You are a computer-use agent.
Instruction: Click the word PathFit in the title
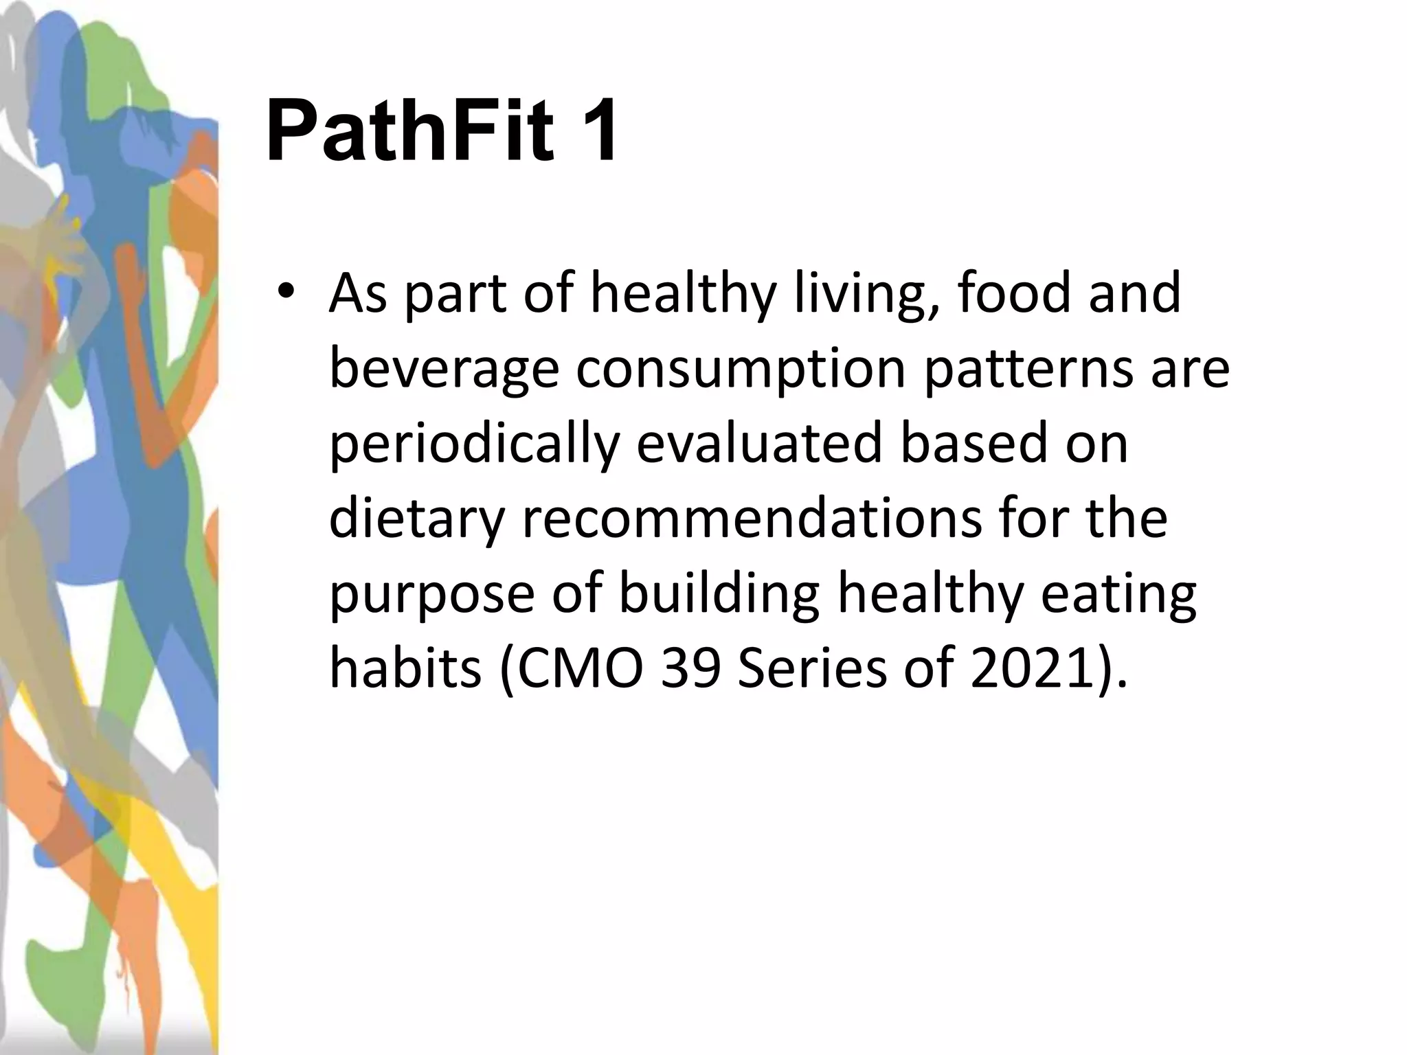409,131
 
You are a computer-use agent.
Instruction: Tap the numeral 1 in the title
595,131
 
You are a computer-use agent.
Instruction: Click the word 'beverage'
444,370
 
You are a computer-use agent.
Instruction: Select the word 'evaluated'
758,444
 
